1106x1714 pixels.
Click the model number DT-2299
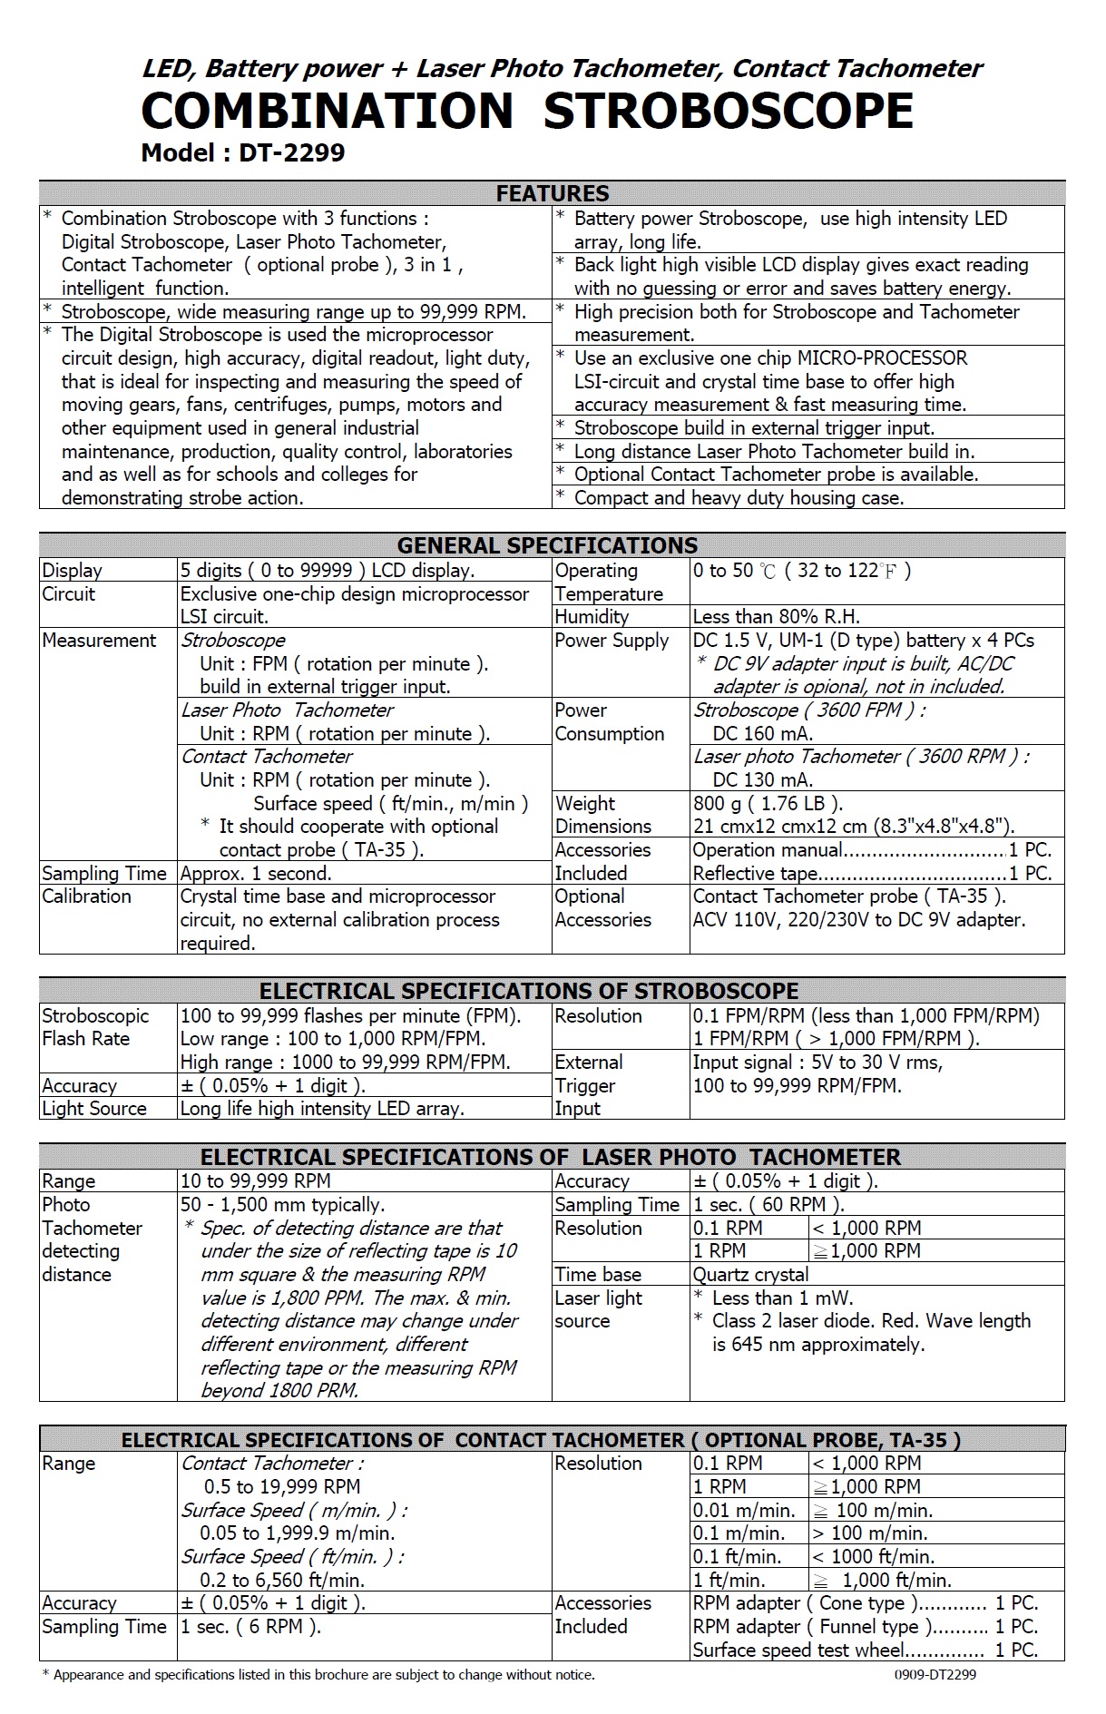291,152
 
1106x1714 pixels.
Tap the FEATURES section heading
552,193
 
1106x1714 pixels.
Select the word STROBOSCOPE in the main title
728,111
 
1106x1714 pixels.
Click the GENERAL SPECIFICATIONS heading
547,545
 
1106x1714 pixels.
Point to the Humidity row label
592,617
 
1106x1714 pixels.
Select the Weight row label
584,804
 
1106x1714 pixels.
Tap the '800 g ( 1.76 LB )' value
768,804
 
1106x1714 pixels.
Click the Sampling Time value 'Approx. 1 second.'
256,874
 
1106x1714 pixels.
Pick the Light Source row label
94,1109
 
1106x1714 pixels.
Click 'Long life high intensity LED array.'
322,1109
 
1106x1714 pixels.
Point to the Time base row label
597,1275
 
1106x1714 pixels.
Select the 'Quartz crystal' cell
750,1275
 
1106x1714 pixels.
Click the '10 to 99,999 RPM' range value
256,1181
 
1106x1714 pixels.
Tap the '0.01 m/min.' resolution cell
744,1511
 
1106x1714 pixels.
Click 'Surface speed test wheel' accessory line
798,1650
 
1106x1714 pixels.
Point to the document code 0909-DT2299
928,1675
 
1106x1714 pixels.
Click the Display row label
72,571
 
